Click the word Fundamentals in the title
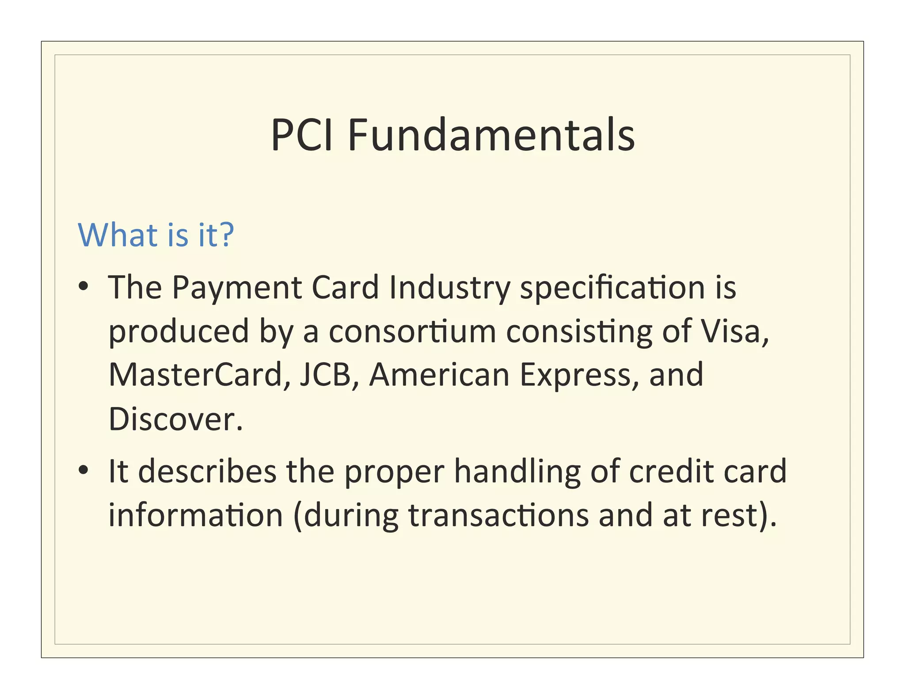coord(491,135)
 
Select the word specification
coord(612,288)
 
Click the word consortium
coord(412,332)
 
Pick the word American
coord(439,375)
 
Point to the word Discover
coord(175,419)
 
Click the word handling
coord(517,472)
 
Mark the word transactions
coord(498,515)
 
